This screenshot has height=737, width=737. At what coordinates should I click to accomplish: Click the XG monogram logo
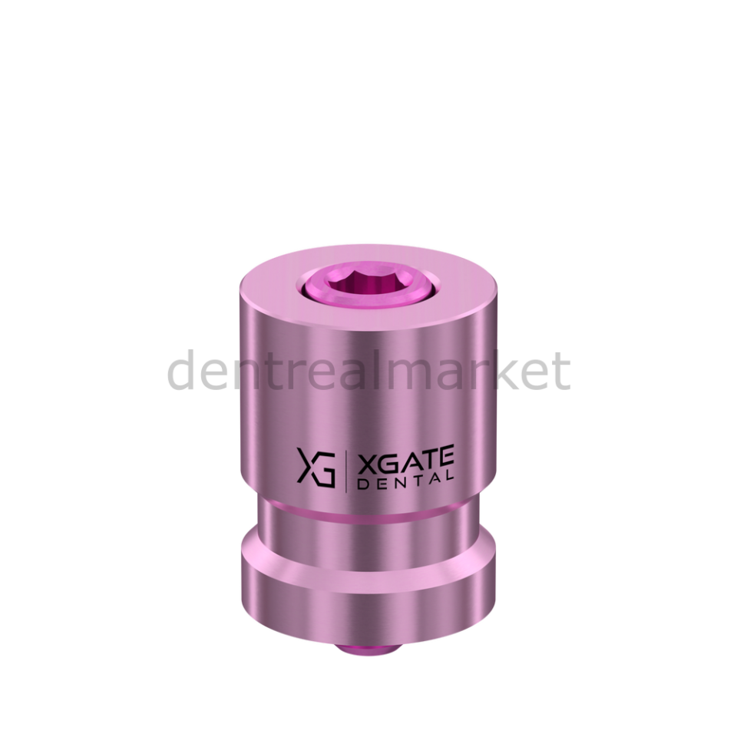316,468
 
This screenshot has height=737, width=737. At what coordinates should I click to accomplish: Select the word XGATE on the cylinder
405,459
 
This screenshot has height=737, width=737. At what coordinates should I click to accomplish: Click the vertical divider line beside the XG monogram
346,470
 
